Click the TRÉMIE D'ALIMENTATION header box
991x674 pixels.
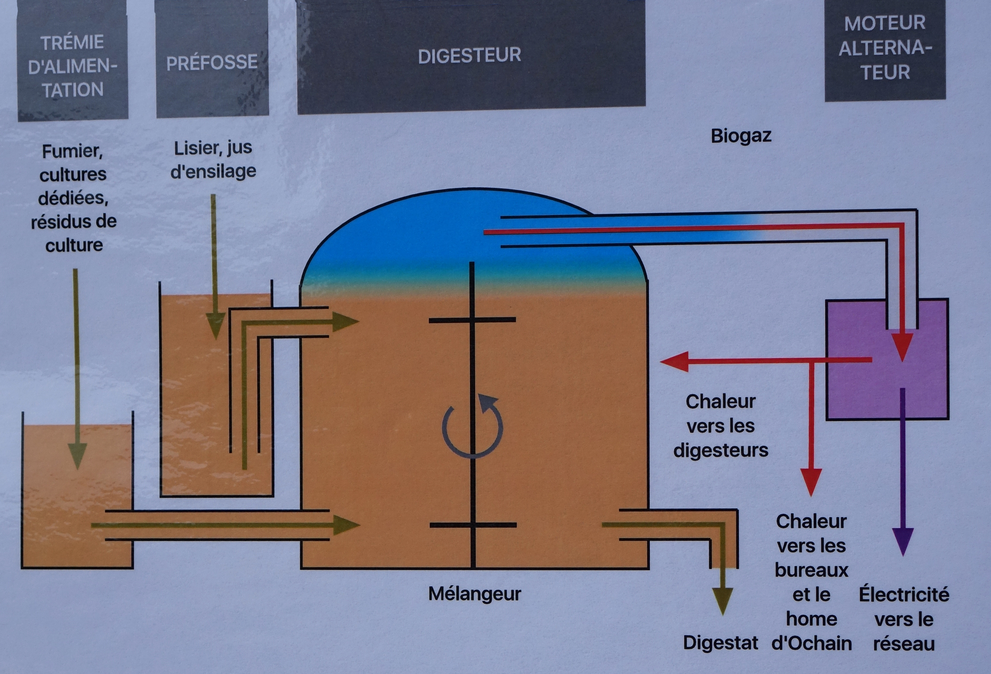pyautogui.click(x=73, y=66)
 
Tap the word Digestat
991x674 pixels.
pyautogui.click(x=720, y=643)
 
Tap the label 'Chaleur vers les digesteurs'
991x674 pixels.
pyautogui.click(x=721, y=426)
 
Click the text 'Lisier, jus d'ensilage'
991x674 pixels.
pyautogui.click(x=213, y=160)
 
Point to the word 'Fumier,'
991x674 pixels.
pyautogui.click(x=73, y=152)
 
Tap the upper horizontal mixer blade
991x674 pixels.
pyautogui.click(x=472, y=319)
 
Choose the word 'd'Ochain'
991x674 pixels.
pyautogui.click(x=811, y=644)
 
